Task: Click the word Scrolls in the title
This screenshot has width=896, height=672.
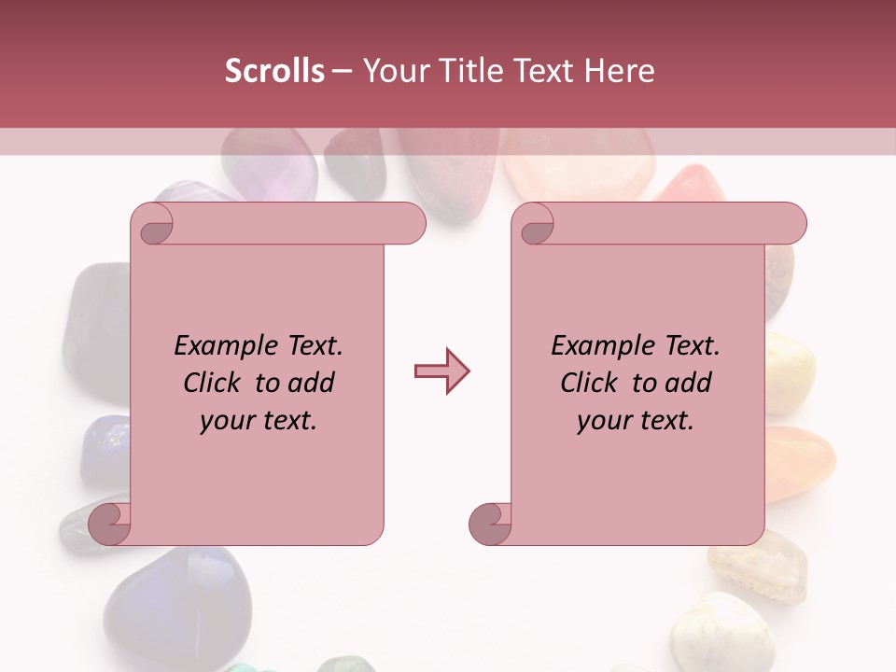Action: click(x=274, y=71)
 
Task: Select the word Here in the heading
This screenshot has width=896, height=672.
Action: click(x=619, y=71)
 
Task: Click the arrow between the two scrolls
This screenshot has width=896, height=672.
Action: click(x=441, y=371)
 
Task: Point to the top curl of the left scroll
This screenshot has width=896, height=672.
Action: click(x=155, y=225)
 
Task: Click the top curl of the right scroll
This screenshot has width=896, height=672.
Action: click(x=536, y=225)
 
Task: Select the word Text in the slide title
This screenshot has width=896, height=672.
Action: click(x=542, y=71)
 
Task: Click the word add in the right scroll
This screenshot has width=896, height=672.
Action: click(x=688, y=383)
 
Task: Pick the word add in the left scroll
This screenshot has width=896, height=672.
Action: click(x=311, y=383)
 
